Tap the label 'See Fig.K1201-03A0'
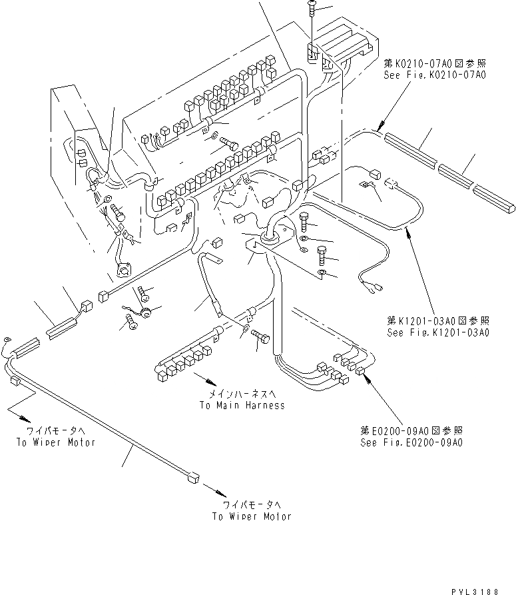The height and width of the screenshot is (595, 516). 437,331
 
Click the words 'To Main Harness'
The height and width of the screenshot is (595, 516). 241,405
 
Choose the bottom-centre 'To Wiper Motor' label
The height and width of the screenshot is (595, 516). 252,516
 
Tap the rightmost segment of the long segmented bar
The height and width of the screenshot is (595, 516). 494,199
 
